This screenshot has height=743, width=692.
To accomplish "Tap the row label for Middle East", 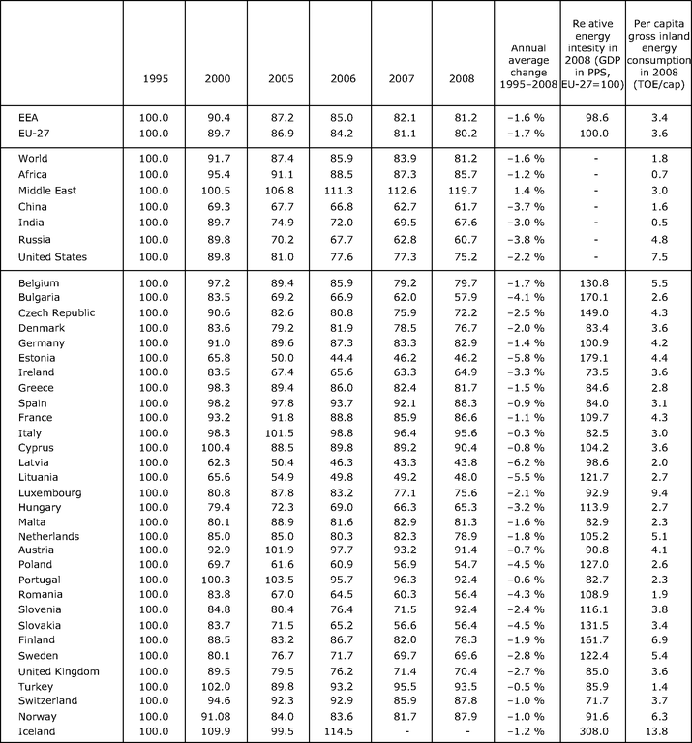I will pyautogui.click(x=50, y=192).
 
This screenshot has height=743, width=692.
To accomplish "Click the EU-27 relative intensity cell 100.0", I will pyautogui.click(x=589, y=133).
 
